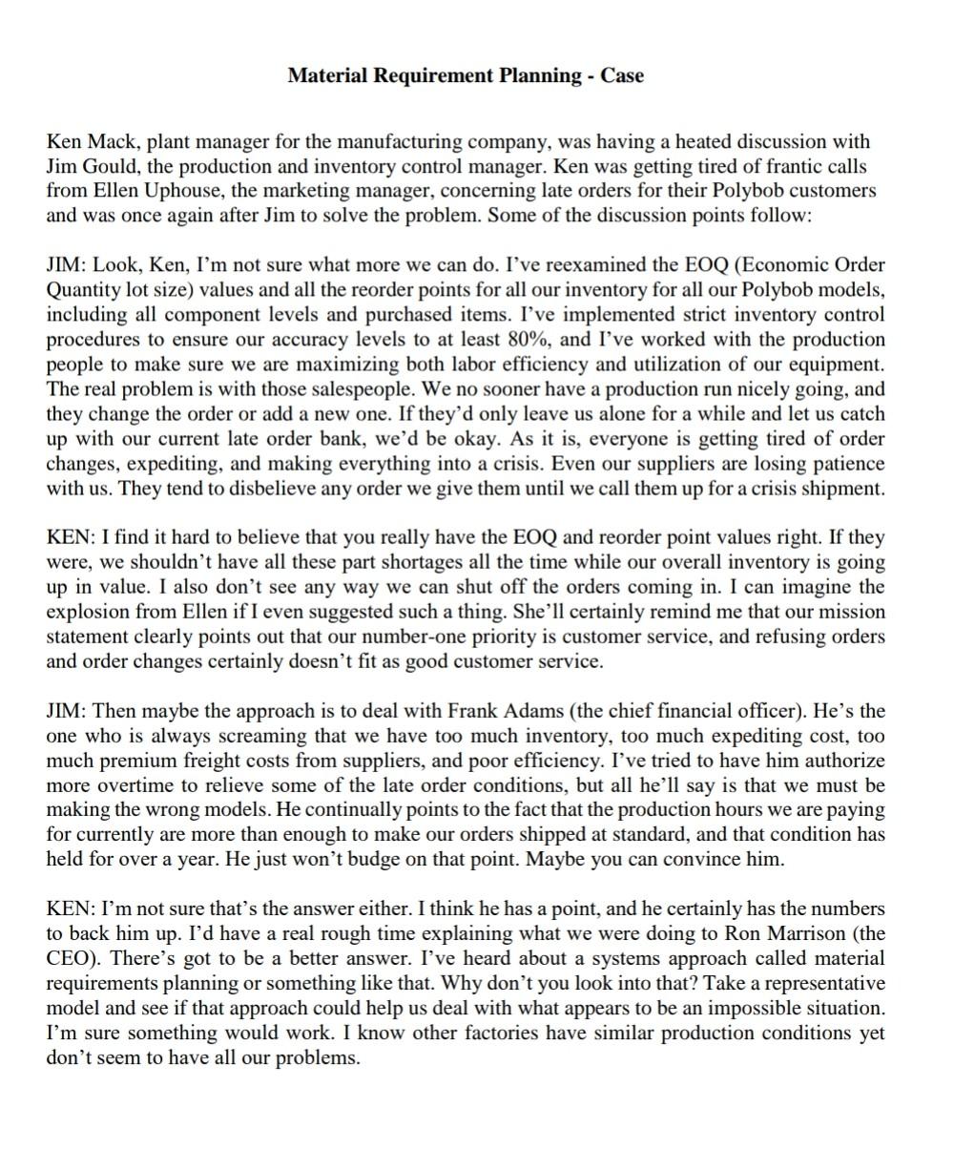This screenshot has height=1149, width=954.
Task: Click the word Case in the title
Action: point(622,75)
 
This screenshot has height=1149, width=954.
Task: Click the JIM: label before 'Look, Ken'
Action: point(67,265)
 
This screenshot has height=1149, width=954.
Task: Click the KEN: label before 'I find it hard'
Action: point(70,538)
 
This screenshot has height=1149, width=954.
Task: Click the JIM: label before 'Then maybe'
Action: point(67,712)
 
